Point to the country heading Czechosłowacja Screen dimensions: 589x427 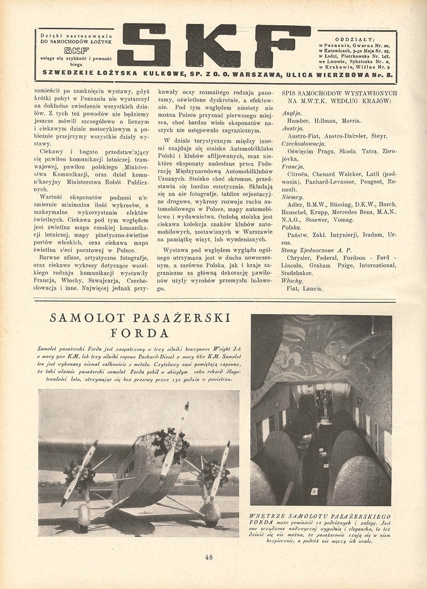pos(303,143)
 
